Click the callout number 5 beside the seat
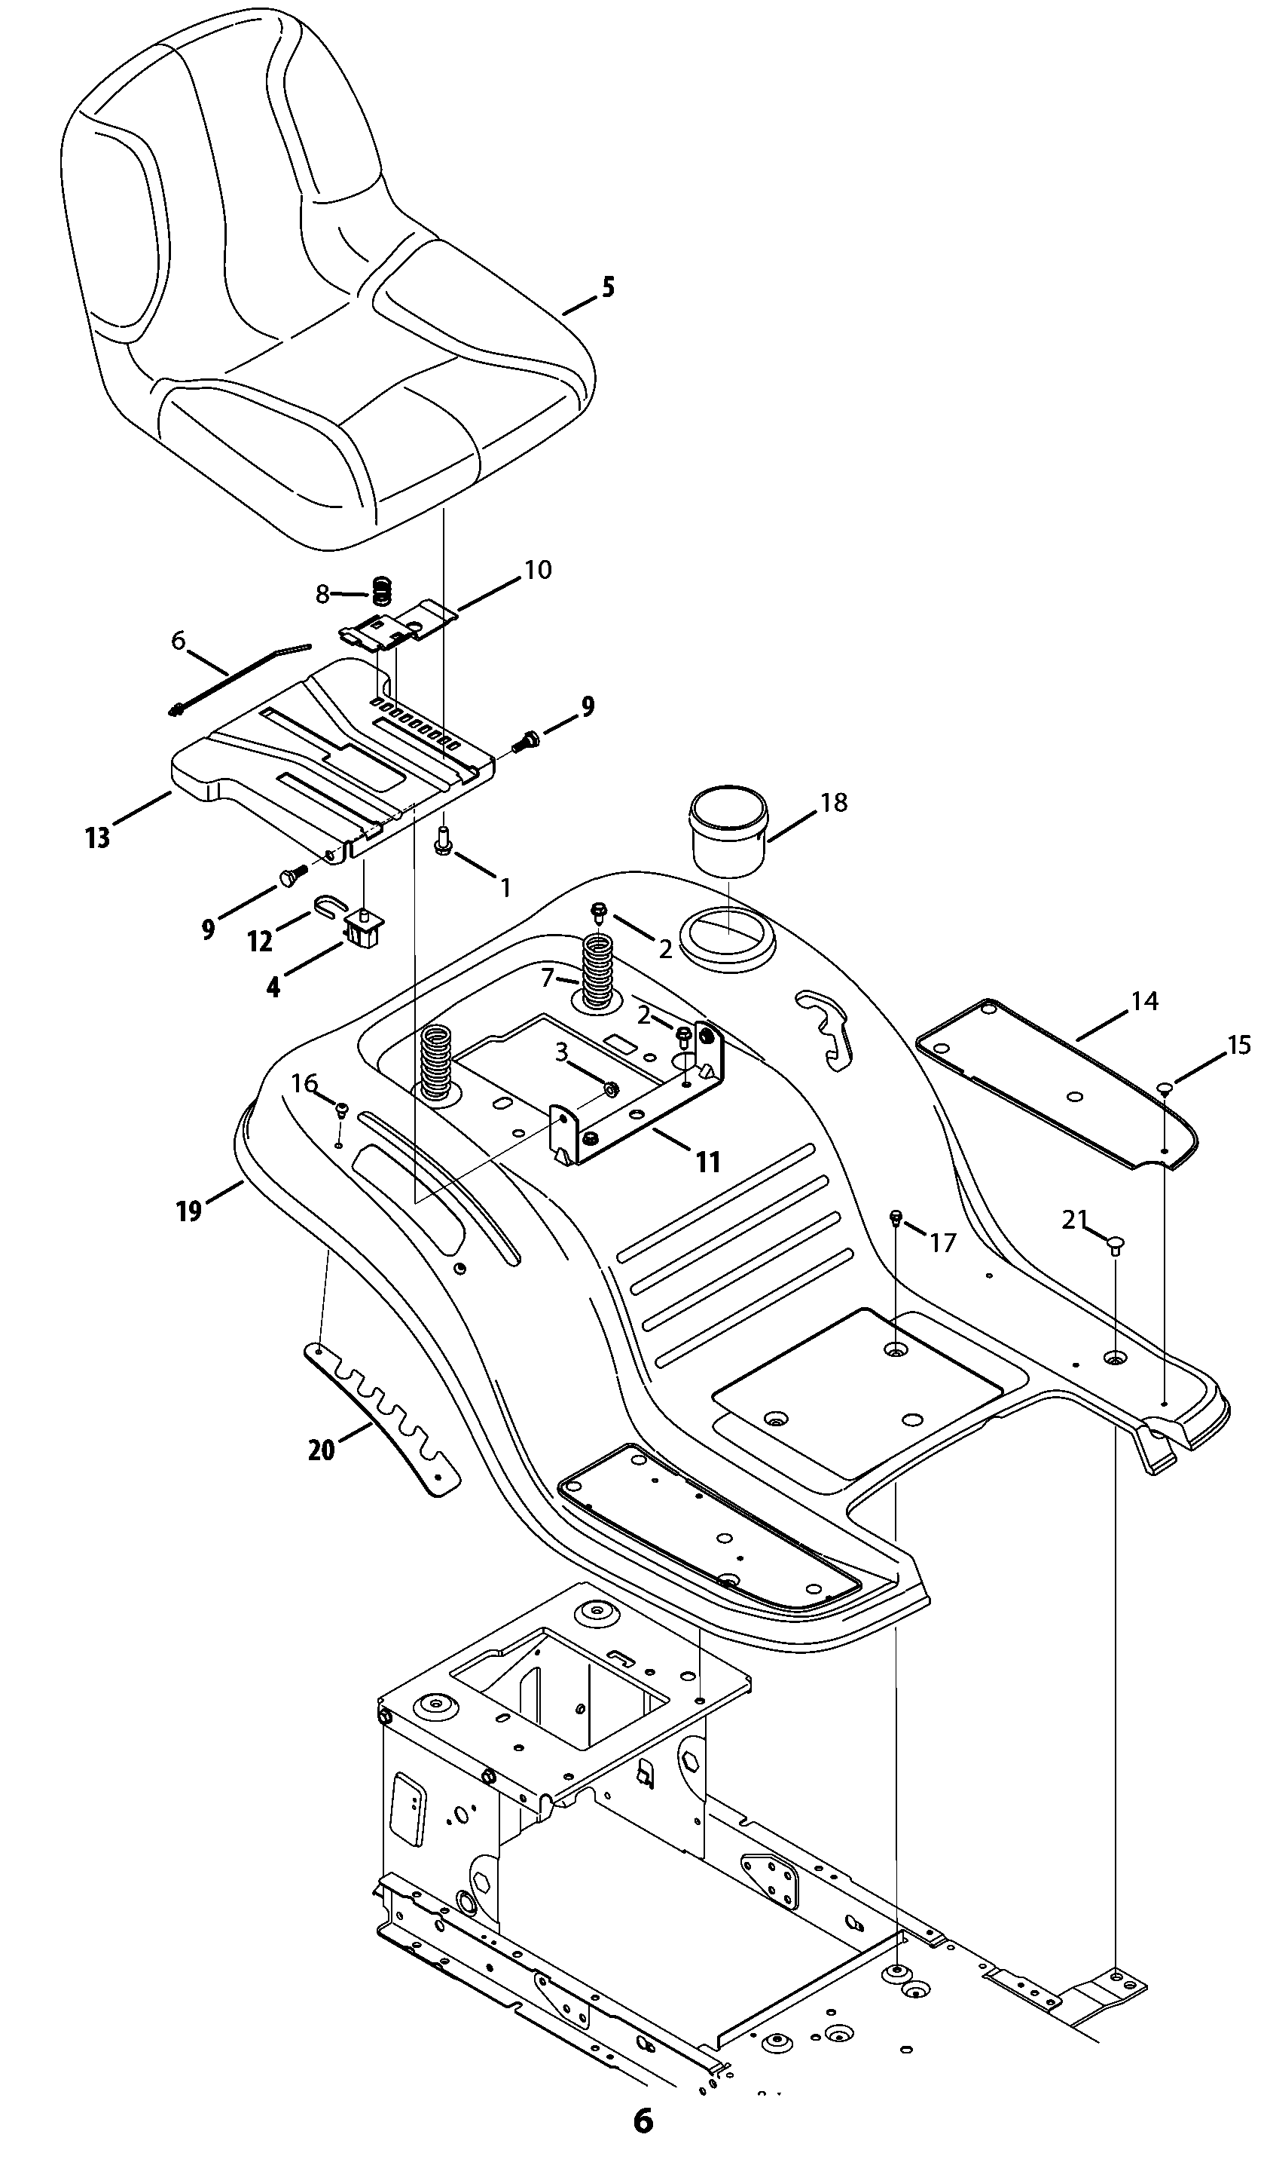point(608,286)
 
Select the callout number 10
point(538,570)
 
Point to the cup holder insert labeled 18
point(729,831)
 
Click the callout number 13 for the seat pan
point(98,838)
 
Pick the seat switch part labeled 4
point(364,930)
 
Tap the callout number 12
point(260,942)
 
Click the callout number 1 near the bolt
point(505,887)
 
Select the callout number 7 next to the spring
point(548,977)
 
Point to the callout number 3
point(562,1052)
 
